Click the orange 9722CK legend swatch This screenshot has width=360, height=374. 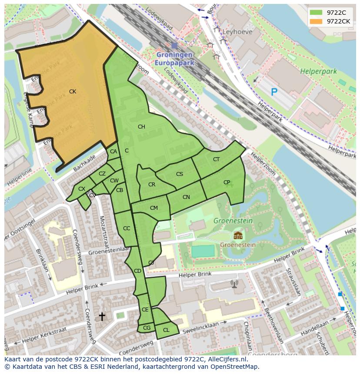tap(316, 21)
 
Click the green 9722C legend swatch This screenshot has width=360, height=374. tap(316, 13)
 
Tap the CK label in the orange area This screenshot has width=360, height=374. tap(73, 92)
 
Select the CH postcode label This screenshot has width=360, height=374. tap(141, 127)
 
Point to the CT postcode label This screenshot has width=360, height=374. tap(216, 159)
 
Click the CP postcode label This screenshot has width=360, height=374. tap(227, 182)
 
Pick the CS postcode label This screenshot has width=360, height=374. tap(180, 174)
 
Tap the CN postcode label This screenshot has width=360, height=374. tap(186, 197)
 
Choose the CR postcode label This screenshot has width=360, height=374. tap(152, 185)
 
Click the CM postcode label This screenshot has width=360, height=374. tap(153, 208)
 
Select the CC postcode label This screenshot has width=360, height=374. tap(127, 228)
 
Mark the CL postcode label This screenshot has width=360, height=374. tap(166, 330)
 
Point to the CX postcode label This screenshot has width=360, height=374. tap(82, 189)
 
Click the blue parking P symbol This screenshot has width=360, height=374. tap(274, 92)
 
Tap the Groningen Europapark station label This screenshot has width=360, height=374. tap(174, 59)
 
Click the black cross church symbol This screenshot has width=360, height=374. tap(102, 317)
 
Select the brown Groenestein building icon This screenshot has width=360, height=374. tap(237, 236)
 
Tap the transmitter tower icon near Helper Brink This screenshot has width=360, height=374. tap(234, 284)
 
